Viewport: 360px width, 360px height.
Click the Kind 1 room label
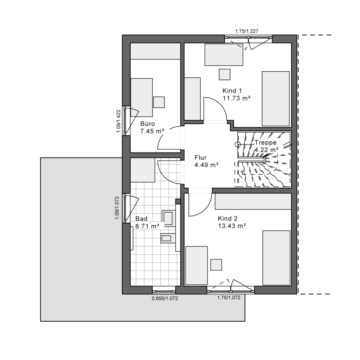[232, 90]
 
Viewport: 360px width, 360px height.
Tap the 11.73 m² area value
[236, 98]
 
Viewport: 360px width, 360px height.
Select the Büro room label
[148, 124]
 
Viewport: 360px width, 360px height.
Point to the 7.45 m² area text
[153, 131]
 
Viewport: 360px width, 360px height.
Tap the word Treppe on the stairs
[266, 143]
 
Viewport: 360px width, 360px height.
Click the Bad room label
[141, 219]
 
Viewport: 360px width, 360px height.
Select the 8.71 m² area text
[147, 226]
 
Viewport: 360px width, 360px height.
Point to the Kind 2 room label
[227, 218]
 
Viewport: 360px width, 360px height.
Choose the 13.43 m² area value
[231, 226]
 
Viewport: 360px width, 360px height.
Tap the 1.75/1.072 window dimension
[229, 298]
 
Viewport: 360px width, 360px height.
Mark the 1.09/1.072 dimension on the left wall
[117, 208]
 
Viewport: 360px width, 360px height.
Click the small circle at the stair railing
[238, 144]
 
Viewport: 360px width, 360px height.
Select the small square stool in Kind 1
[224, 74]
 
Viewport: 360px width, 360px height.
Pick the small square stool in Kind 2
[216, 264]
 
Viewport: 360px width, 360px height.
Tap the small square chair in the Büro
[159, 102]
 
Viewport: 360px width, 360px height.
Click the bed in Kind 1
[276, 98]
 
